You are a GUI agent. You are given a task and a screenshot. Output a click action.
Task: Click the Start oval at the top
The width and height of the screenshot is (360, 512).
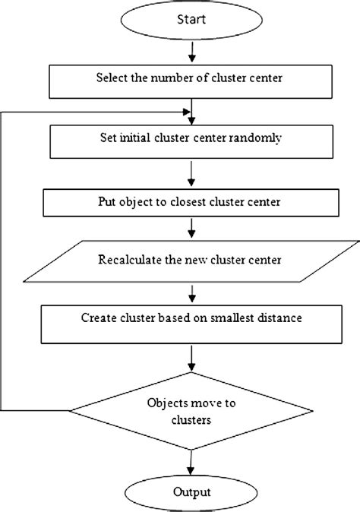(194, 21)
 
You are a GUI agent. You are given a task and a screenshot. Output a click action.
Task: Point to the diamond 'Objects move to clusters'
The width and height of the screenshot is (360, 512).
(190, 410)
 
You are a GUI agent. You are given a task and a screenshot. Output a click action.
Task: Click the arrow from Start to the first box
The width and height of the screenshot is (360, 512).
(194, 52)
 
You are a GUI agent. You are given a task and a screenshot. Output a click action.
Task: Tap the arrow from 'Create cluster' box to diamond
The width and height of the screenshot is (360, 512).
(190, 354)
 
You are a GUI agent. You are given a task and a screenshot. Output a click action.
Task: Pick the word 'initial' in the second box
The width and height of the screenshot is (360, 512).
(134, 140)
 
